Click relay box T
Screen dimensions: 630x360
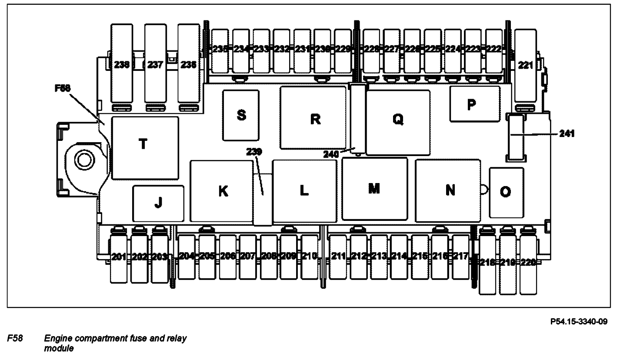(145, 148)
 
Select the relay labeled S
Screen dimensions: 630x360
(241, 115)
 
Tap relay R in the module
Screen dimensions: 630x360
(313, 118)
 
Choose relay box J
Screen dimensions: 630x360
(158, 203)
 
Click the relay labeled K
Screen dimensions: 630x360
(222, 191)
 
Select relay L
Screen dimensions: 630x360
(304, 191)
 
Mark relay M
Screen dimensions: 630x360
(374, 189)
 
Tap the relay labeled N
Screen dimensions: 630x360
(448, 190)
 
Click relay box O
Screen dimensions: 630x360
(506, 192)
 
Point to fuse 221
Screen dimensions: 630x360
(526, 65)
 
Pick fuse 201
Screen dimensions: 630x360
(118, 257)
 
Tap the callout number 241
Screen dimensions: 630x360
(567, 134)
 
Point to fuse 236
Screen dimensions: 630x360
(189, 65)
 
